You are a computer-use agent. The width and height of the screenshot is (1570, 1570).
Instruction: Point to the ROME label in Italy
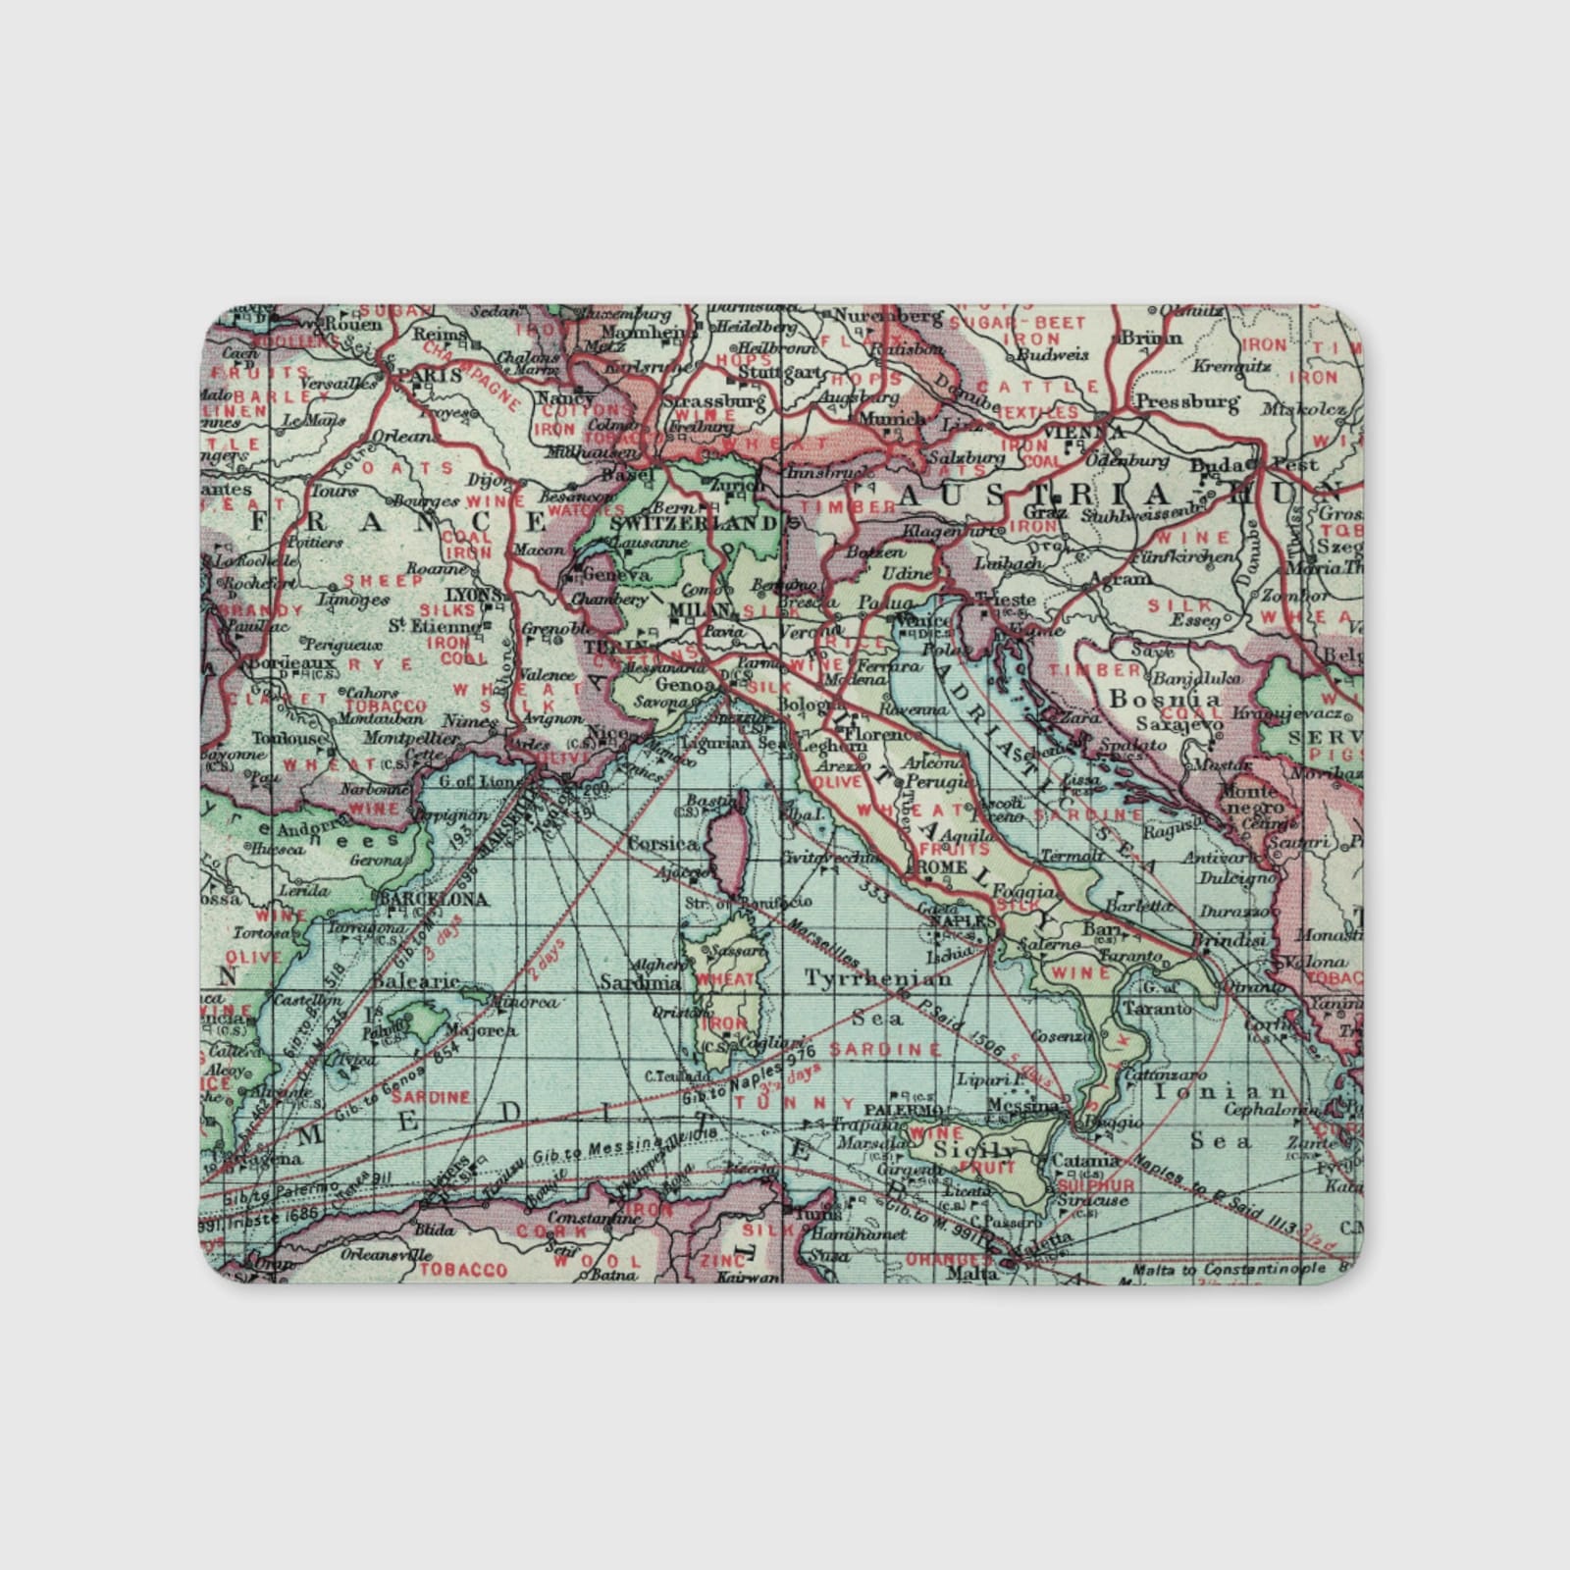coord(941,868)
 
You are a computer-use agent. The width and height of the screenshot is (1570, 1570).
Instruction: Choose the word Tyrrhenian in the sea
coord(877,977)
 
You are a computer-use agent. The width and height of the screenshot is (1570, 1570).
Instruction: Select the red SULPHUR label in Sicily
coord(1095,1186)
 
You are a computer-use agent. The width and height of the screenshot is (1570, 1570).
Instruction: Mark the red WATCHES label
coord(585,510)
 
